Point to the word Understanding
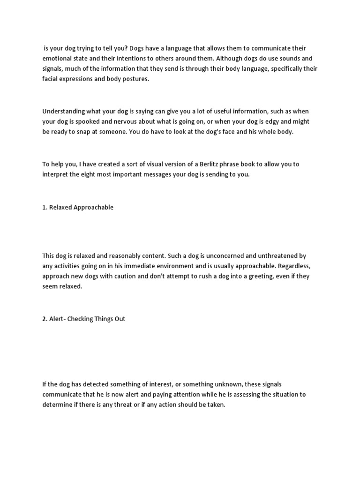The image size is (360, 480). click(63, 111)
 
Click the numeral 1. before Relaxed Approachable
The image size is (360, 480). click(45, 207)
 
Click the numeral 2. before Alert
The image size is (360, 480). click(45, 319)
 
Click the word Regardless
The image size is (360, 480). click(292, 266)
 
